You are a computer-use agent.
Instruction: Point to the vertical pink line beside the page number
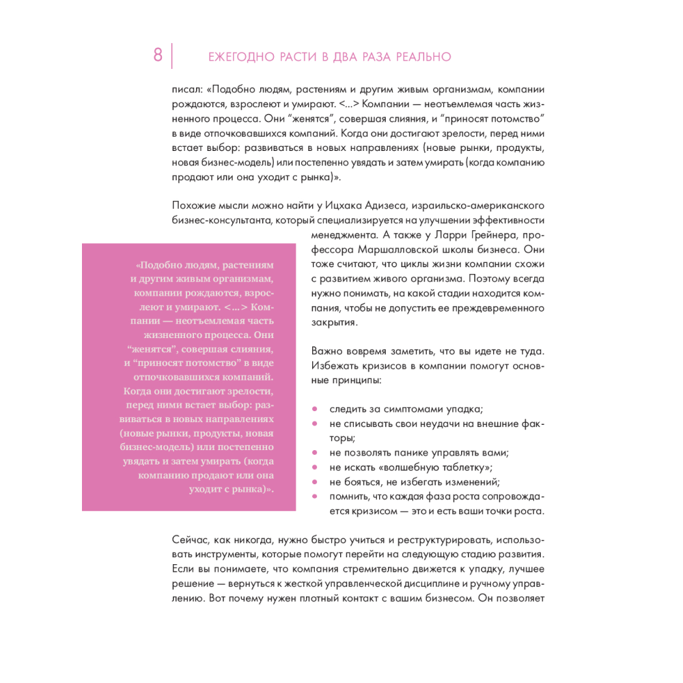171,56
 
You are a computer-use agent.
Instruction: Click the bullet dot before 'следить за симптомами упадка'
315,409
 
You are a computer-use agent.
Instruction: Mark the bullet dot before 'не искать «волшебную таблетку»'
315,468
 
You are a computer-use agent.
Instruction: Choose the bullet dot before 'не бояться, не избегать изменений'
315,482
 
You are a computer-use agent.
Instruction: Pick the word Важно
326,350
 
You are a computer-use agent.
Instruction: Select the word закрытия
334,324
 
